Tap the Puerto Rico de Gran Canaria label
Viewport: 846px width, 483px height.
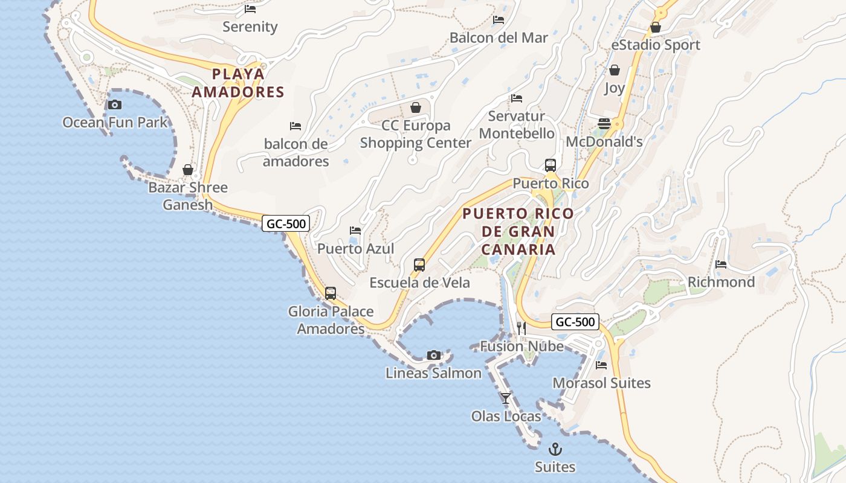point(518,231)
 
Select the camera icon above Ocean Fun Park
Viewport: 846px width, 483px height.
point(115,104)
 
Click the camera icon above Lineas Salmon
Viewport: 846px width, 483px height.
point(434,355)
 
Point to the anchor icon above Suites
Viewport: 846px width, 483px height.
point(555,449)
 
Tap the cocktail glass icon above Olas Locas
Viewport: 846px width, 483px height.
point(506,398)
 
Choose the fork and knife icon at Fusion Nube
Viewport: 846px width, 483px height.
point(521,328)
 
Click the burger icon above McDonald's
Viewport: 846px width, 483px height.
point(604,124)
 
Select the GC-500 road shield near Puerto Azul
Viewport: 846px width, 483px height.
point(286,223)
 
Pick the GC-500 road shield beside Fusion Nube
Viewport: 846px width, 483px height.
point(575,322)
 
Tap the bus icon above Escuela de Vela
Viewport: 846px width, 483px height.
point(419,264)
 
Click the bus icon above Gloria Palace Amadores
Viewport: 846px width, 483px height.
point(331,293)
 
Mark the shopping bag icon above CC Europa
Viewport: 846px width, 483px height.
point(416,107)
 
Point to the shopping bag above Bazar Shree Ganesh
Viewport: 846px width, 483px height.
point(188,170)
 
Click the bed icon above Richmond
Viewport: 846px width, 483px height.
point(721,264)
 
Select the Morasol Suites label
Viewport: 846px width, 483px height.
point(601,383)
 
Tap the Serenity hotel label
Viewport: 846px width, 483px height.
point(250,27)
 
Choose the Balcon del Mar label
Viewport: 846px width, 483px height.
point(499,37)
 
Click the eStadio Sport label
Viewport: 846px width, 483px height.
point(656,45)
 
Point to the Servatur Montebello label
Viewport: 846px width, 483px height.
point(517,124)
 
